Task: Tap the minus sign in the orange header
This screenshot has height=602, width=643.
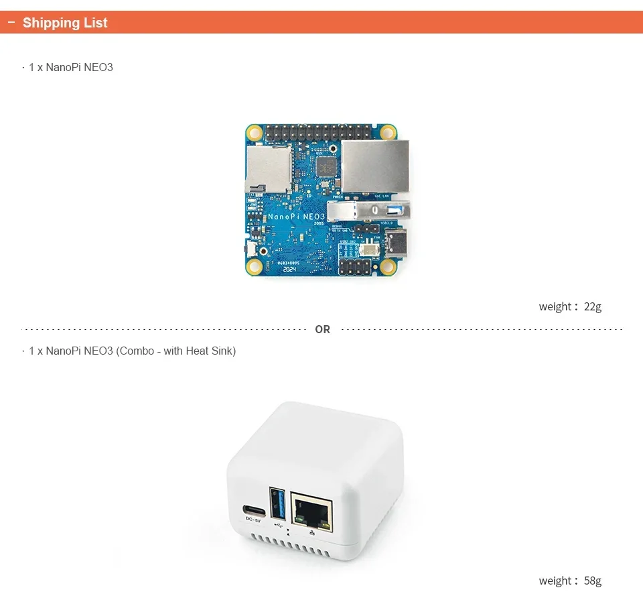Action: point(11,23)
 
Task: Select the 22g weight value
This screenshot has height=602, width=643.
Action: point(593,307)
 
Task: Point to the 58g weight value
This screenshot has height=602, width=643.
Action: point(593,581)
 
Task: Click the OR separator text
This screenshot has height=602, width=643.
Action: point(323,330)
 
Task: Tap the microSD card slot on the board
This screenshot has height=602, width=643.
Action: point(269,168)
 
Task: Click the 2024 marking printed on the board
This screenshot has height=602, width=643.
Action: point(289,269)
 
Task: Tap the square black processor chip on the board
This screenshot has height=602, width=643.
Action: point(326,166)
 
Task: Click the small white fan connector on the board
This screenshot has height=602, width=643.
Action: point(369,249)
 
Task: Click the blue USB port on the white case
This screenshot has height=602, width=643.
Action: point(278,503)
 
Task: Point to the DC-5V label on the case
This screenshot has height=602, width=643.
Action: point(253,520)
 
